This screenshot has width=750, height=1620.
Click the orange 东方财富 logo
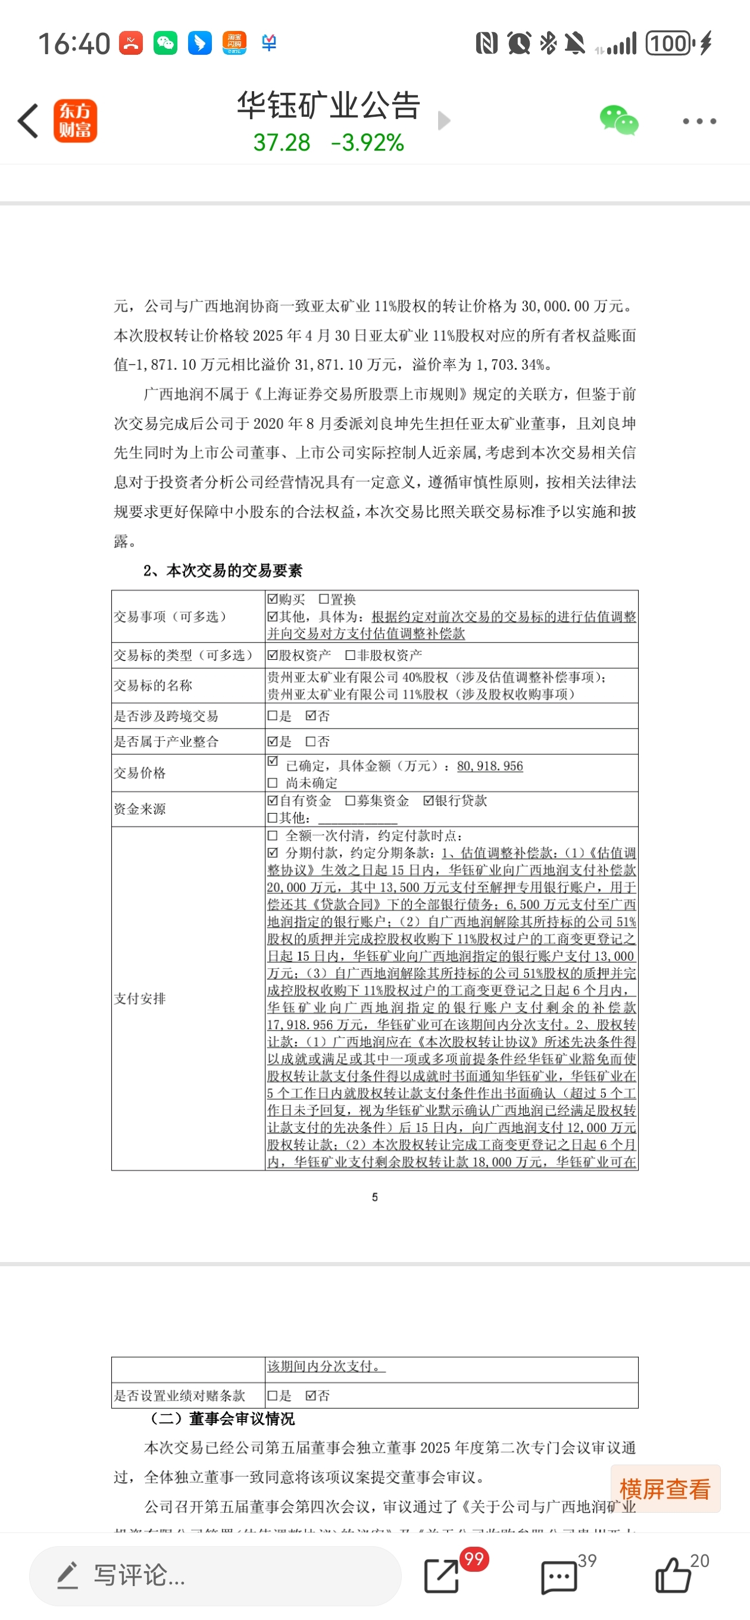76,121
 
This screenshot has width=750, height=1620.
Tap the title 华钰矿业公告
328,105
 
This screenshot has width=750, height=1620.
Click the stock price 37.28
282,143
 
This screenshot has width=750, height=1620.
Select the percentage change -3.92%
367,143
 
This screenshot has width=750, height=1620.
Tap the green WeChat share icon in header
618,120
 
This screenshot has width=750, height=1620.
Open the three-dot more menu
699,121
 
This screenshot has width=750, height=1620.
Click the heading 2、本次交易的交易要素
223,571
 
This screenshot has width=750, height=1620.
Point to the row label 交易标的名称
153,685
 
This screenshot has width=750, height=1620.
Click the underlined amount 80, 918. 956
490,766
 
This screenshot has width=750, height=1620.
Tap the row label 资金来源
139,809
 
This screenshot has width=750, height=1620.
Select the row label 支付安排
139,998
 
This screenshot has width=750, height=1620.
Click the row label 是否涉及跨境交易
166,716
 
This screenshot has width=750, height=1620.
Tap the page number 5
374,1197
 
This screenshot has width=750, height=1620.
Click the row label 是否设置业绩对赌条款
179,1395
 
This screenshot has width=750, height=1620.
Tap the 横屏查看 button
665,1488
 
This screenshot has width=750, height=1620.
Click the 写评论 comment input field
215,1575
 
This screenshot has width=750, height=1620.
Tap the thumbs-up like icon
672,1575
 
